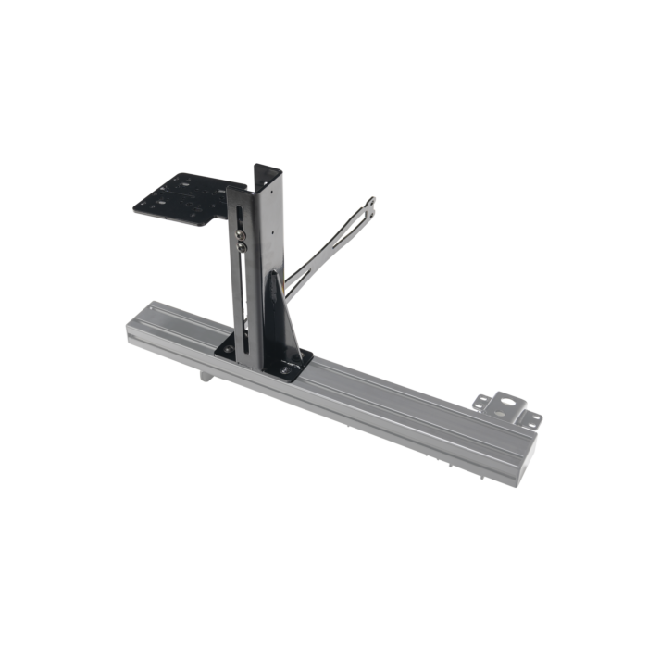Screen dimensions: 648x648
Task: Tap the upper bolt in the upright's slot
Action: (241, 235)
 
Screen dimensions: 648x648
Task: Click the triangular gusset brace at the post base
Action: (280, 315)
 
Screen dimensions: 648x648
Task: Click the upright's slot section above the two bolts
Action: (241, 215)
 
